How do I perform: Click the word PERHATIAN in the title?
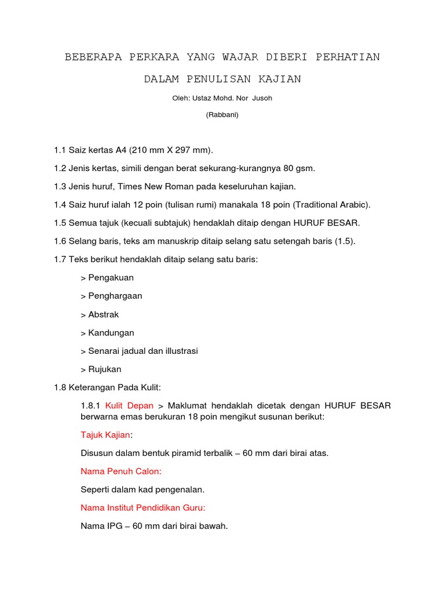(348, 57)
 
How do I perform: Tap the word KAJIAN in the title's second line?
(280, 79)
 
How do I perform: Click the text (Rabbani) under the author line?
(222, 115)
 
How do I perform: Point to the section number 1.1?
(60, 150)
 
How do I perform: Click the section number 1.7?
(60, 259)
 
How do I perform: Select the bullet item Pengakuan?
(111, 278)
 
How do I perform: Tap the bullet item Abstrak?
(104, 314)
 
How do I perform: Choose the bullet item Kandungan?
(111, 333)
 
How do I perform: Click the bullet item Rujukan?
(105, 370)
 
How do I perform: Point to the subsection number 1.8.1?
(91, 405)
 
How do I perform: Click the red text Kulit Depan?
(129, 405)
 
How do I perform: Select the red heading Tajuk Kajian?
(105, 435)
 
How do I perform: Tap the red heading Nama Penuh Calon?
(121, 472)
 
